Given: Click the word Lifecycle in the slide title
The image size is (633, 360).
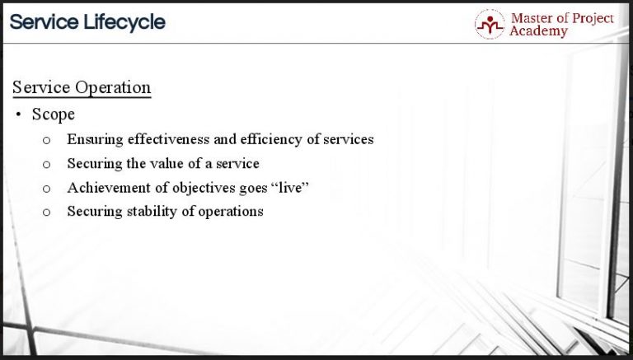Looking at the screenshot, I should tap(123, 22).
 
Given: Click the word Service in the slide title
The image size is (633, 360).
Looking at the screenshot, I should tap(44, 22).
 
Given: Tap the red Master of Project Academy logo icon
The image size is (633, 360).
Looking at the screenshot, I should tap(490, 24).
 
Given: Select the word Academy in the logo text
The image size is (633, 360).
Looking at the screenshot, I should tap(539, 31).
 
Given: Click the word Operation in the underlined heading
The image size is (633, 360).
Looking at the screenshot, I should tap(112, 87).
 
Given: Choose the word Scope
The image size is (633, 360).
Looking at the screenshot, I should tap(54, 115).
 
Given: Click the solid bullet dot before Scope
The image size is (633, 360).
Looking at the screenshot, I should tap(18, 115).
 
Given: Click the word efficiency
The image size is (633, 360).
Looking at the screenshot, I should tap(270, 139).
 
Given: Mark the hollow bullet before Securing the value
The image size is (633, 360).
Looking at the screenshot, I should tap(47, 164).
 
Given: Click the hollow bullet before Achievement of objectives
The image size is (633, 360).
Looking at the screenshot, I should tap(47, 189).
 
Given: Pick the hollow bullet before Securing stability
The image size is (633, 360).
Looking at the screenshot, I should tap(47, 213).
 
